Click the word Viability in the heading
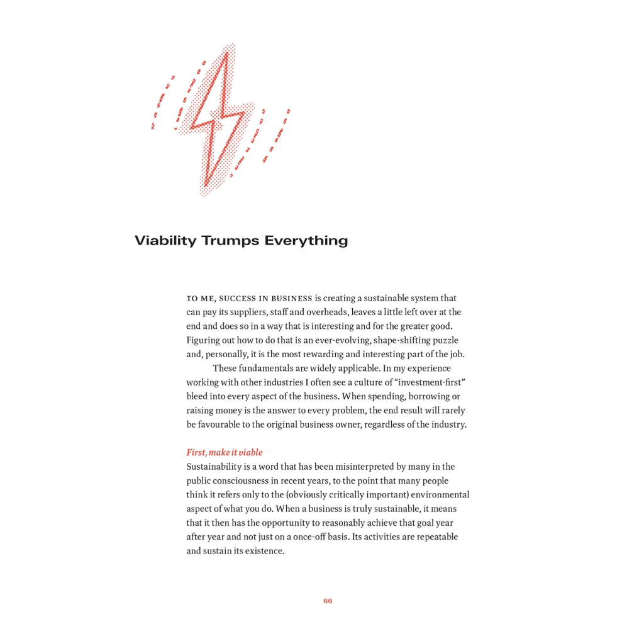point(165,241)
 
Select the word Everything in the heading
point(306,241)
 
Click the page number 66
point(328,601)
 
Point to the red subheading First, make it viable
point(224,452)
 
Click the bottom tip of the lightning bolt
point(205,186)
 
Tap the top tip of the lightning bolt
point(226,53)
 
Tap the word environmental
point(440,494)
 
